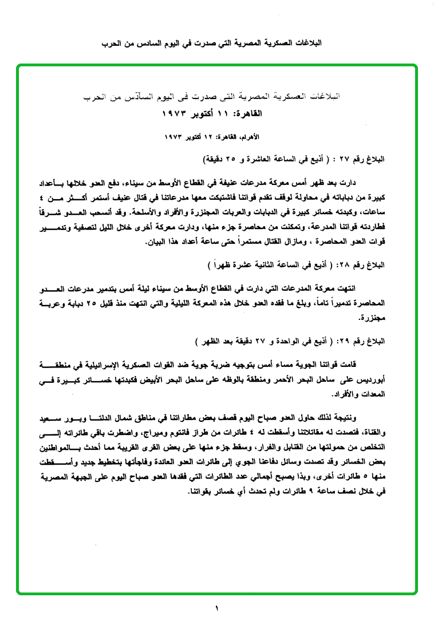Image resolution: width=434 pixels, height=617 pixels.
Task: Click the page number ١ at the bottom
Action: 217,607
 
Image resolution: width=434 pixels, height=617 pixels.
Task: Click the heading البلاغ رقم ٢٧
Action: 368,157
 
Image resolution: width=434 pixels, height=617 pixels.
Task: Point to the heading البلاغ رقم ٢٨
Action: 368,266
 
